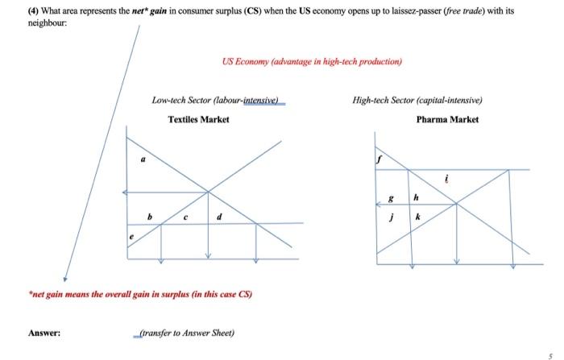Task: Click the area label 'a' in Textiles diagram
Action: tap(143, 159)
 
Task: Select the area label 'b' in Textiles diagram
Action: tap(147, 216)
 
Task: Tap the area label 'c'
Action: tap(186, 216)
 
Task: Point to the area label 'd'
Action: tap(218, 216)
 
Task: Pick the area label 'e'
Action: tap(133, 237)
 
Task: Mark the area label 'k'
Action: tap(417, 217)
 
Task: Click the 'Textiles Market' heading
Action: tap(198, 119)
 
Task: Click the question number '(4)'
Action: tap(34, 12)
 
